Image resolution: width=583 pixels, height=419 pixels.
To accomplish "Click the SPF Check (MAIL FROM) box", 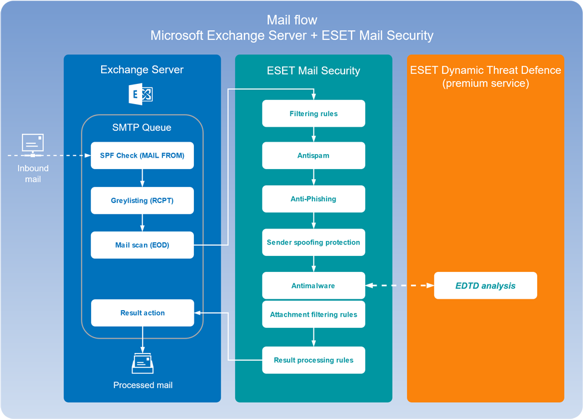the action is [142, 155].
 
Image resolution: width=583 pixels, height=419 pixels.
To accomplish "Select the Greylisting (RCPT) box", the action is [142, 201].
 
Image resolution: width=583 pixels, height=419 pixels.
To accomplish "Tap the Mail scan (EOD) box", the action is [142, 245].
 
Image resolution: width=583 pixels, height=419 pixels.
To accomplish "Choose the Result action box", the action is [142, 313].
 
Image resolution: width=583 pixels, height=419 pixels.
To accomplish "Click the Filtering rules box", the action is [314, 114].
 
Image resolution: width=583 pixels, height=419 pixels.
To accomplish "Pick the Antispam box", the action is [314, 155].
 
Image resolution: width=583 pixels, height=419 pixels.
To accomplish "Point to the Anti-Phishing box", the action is [314, 199].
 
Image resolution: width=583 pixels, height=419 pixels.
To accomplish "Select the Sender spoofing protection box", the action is [314, 242].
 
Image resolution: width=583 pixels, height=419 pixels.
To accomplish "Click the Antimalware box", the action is [314, 286].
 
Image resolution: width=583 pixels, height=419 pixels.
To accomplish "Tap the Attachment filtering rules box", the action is [314, 314].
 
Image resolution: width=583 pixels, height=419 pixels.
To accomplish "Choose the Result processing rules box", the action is [314, 360].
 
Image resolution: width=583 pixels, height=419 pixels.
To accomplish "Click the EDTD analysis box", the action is [485, 286].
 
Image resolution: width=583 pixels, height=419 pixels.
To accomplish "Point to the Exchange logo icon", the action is [140, 94].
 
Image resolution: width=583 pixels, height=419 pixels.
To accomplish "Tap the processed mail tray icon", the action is [143, 363].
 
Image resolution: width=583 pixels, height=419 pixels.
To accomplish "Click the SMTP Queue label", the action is [142, 127].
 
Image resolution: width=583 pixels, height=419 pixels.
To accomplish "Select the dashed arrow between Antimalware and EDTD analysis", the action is [400, 286].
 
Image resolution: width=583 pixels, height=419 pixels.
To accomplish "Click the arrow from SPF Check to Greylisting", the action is [142, 178].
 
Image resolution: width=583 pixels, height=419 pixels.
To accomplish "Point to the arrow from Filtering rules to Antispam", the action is [314, 135].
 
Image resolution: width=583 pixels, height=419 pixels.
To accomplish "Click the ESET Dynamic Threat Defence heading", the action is [485, 76].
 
